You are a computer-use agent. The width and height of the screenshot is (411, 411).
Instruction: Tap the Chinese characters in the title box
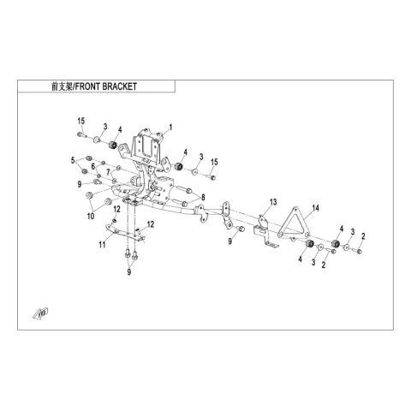click(x=63, y=86)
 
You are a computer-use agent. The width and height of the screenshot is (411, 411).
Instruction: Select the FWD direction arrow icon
click(x=40, y=313)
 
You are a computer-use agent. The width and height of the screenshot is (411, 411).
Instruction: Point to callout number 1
click(x=170, y=128)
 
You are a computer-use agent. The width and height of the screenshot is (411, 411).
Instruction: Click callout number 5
click(x=73, y=160)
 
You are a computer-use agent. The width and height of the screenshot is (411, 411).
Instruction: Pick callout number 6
click(x=93, y=166)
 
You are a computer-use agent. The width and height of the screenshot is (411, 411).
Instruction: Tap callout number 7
click(x=108, y=172)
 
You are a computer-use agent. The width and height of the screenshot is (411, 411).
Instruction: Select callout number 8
click(x=203, y=197)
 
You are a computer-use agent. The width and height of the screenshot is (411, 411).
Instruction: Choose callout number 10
click(x=91, y=216)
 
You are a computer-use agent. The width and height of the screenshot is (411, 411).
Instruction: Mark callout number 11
click(x=102, y=245)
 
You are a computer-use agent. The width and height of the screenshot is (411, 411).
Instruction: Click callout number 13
click(x=273, y=202)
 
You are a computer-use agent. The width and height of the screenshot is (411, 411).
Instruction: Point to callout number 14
click(x=315, y=208)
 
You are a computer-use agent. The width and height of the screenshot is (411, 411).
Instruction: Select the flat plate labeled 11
click(x=126, y=233)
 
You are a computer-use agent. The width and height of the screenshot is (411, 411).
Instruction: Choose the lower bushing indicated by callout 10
click(x=109, y=201)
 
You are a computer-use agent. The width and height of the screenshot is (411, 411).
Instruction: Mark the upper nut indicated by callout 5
click(x=89, y=158)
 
